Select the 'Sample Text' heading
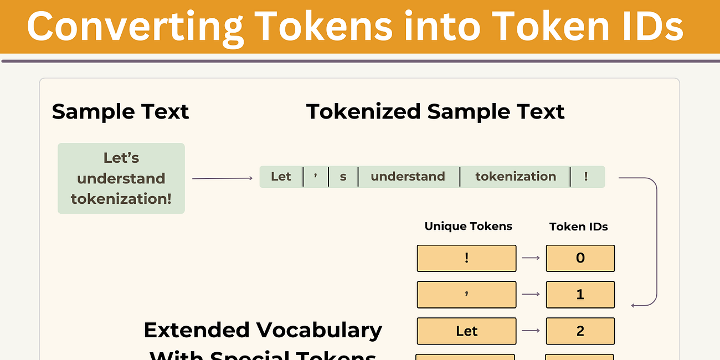pos(120,111)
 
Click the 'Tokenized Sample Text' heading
pos(435,111)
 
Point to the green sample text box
pos(121,178)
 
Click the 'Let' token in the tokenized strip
pos(281,177)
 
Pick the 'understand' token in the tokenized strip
pos(408,177)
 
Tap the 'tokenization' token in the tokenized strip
pos(515,177)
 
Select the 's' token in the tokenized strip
pos(343,177)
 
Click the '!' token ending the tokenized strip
pos(586,177)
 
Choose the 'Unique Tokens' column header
pos(468,226)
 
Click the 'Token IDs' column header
pos(578,227)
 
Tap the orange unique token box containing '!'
pos(466,258)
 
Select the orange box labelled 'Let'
pos(466,331)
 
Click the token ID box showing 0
pos(580,258)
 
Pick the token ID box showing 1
pos(580,295)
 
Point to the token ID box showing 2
pos(580,331)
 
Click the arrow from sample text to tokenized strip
pos(222,178)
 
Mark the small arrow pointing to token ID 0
pos(531,258)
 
